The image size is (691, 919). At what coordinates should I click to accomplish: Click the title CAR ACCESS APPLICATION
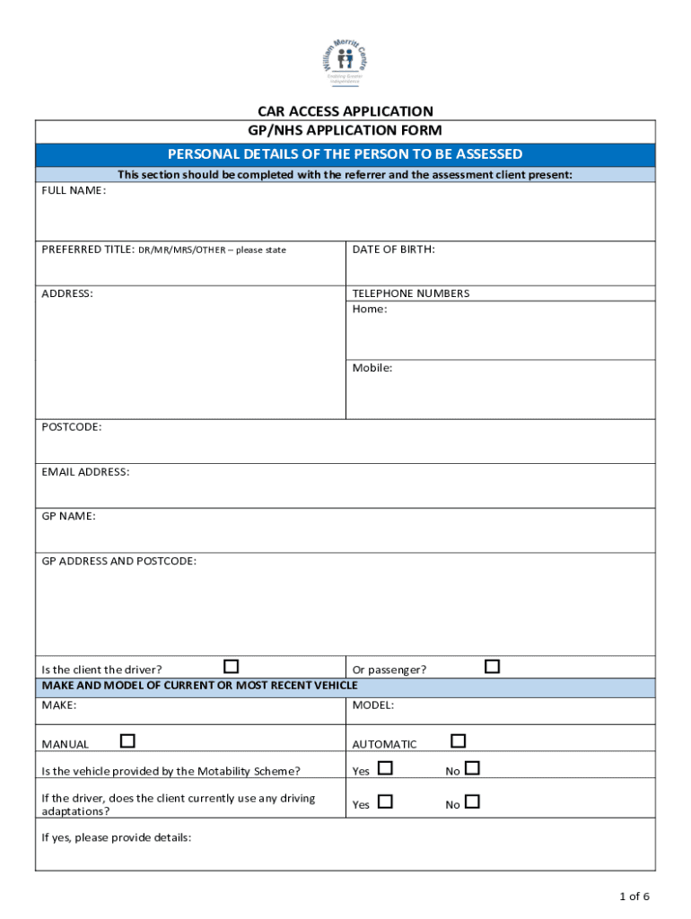[345, 111]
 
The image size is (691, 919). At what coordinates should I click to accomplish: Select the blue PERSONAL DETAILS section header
[345, 154]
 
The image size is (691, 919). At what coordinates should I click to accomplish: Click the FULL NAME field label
[74, 191]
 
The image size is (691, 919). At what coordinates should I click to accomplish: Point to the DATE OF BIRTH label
[393, 249]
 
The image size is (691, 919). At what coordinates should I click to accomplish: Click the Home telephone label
[370, 310]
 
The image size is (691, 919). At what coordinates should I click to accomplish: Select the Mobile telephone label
[372, 368]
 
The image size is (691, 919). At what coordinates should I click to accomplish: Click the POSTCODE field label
[72, 427]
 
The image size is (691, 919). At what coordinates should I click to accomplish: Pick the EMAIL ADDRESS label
[85, 472]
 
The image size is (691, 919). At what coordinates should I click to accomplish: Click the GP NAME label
[68, 516]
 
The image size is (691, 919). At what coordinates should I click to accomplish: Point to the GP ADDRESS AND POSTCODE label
[118, 561]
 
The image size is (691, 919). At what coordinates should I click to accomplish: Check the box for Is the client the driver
[232, 666]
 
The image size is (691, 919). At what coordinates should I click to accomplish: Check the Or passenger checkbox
[492, 666]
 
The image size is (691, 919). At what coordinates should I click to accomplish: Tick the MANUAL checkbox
[127, 740]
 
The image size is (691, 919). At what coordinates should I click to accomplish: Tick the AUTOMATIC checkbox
[459, 740]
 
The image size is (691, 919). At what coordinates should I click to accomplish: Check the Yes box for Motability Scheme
[385, 768]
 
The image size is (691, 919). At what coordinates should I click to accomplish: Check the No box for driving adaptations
[472, 801]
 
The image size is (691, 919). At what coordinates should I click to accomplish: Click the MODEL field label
[372, 705]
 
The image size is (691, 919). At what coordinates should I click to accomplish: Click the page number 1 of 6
[634, 896]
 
